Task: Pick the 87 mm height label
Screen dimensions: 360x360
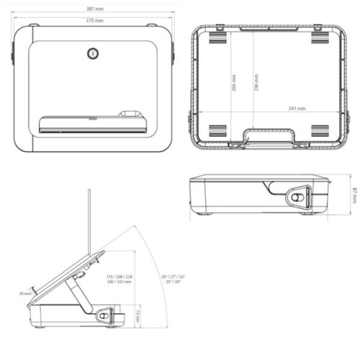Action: pos(354,194)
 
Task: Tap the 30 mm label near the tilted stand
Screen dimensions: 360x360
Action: pos(26,294)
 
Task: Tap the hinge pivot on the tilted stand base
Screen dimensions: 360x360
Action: pos(105,315)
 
